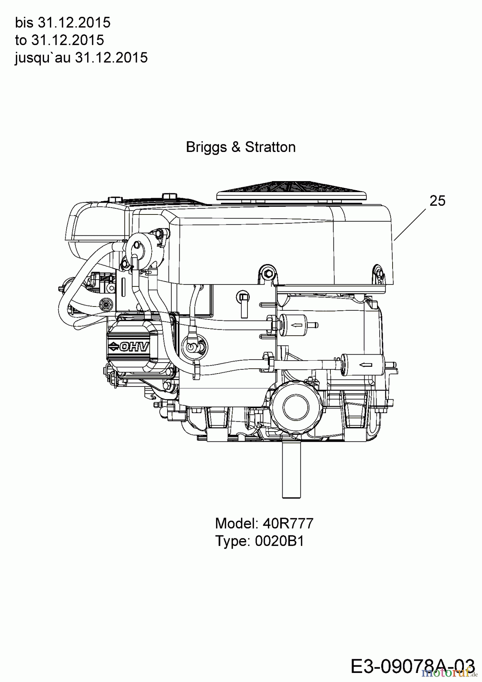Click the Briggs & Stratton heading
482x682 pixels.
tap(241, 147)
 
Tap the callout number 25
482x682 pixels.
tap(437, 201)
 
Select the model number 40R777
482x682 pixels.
tap(288, 524)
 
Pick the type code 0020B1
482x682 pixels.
tap(279, 541)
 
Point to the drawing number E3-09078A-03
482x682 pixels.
tap(413, 666)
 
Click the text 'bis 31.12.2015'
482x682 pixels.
tap(63, 23)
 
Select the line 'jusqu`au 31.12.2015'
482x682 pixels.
tap(81, 58)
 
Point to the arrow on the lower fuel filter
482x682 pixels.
tap(365, 365)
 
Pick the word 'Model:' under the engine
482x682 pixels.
tap(237, 524)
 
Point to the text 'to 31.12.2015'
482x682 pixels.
tap(59, 40)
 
